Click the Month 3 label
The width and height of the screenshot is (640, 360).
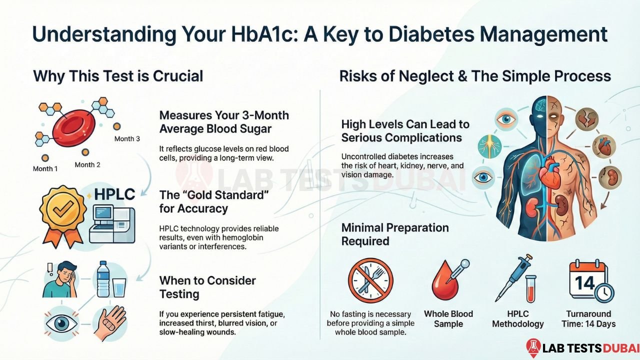coord(127,138)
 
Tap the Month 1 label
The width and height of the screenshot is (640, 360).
coord(45,168)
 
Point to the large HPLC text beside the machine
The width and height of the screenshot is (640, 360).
coord(114,194)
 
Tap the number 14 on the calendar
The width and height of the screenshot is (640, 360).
coord(584,283)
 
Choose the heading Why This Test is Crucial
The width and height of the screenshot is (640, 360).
coord(118,76)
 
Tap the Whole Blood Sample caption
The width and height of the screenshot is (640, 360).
coord(448,318)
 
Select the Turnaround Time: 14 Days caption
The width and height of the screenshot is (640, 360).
coord(588,318)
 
